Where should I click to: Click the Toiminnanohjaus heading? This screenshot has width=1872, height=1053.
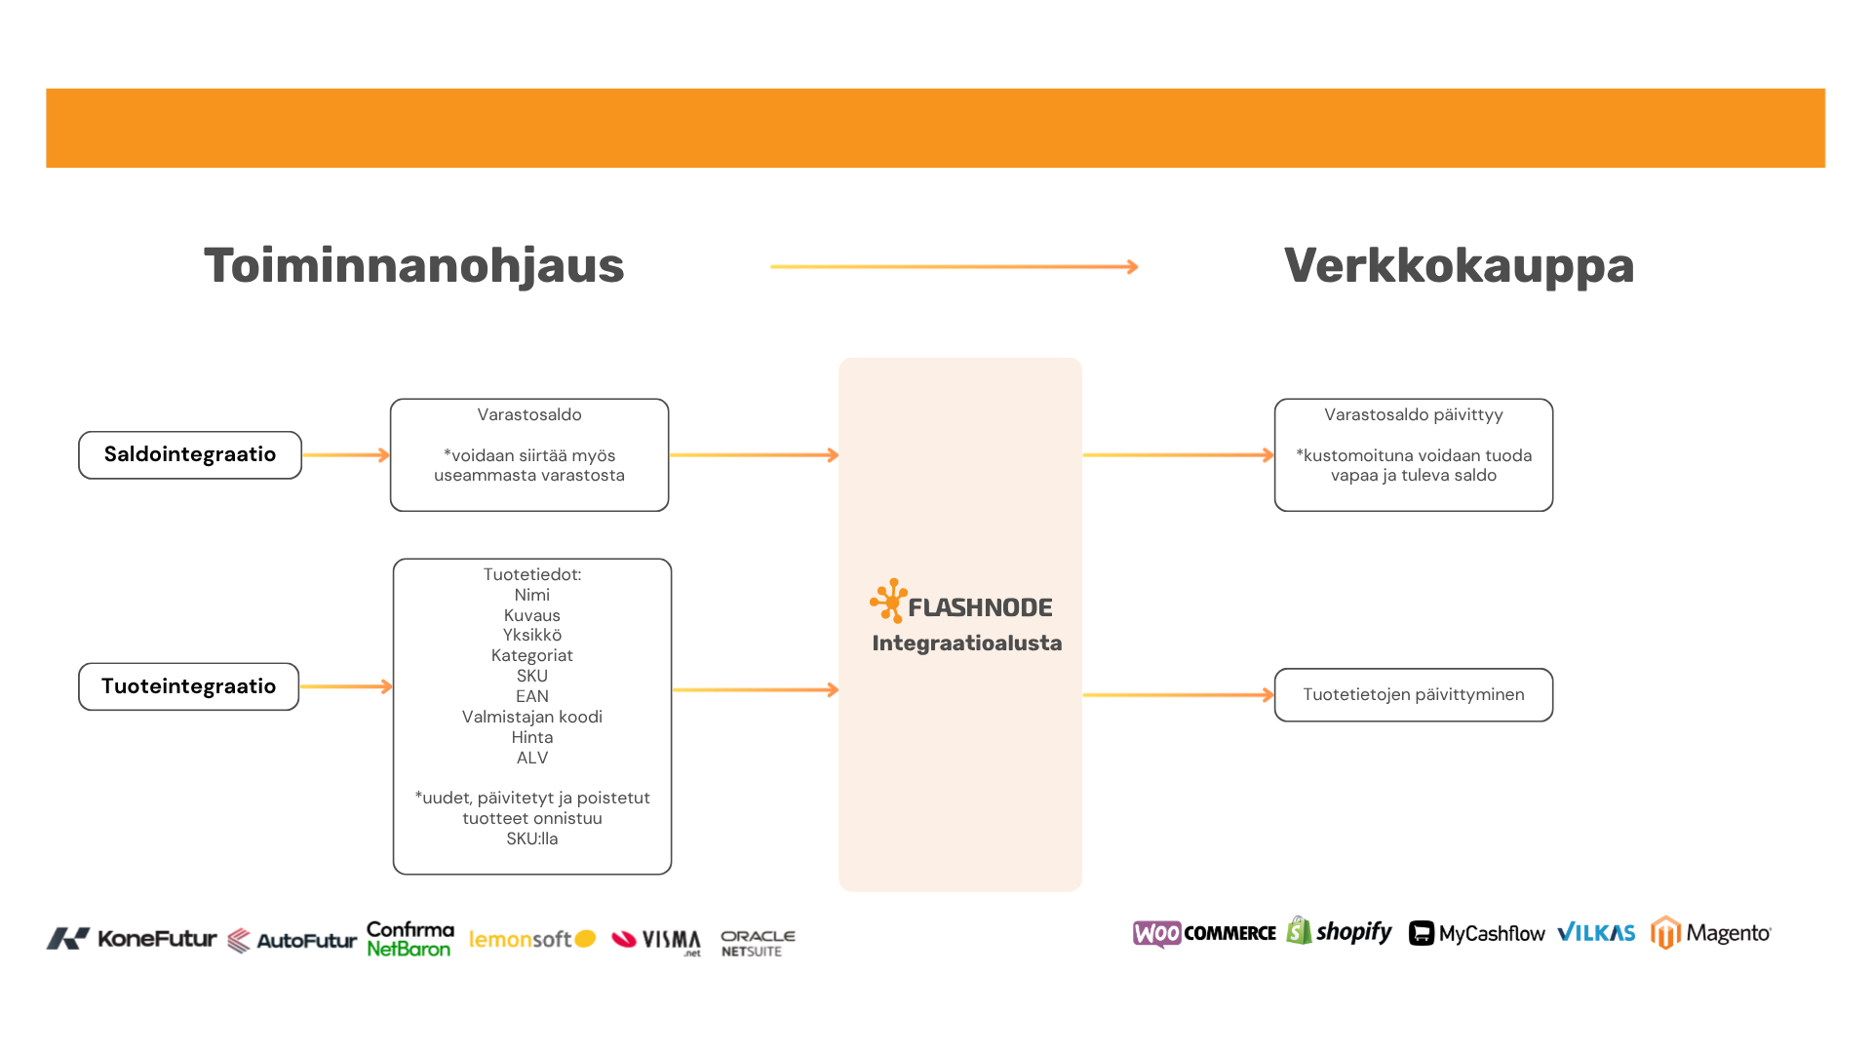413,265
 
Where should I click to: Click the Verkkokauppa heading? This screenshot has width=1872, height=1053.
1459,265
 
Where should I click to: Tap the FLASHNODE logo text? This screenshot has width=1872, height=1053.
980,607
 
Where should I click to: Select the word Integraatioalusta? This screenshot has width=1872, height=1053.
966,643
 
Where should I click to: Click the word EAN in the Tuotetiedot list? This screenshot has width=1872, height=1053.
532,696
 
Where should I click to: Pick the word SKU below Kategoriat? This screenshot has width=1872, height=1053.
532,676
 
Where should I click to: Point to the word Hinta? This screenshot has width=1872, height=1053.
532,737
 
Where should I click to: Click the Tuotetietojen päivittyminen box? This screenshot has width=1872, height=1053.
1413,694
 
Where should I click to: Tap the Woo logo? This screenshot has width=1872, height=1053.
1157,934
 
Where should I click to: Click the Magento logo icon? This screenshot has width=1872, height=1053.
1666,933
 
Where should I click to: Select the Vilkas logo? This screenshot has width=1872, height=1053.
1597,933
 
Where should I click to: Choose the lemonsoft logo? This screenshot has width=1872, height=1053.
531,939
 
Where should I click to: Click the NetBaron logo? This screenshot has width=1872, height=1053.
409,949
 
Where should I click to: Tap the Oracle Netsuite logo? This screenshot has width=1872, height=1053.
758,943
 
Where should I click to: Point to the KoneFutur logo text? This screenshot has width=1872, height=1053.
156,939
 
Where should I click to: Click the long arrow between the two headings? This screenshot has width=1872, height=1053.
953,267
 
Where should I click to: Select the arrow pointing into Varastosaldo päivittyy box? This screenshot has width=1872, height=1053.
1178,454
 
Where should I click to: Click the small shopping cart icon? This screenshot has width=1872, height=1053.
1422,933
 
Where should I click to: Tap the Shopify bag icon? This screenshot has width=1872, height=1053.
1299,931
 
